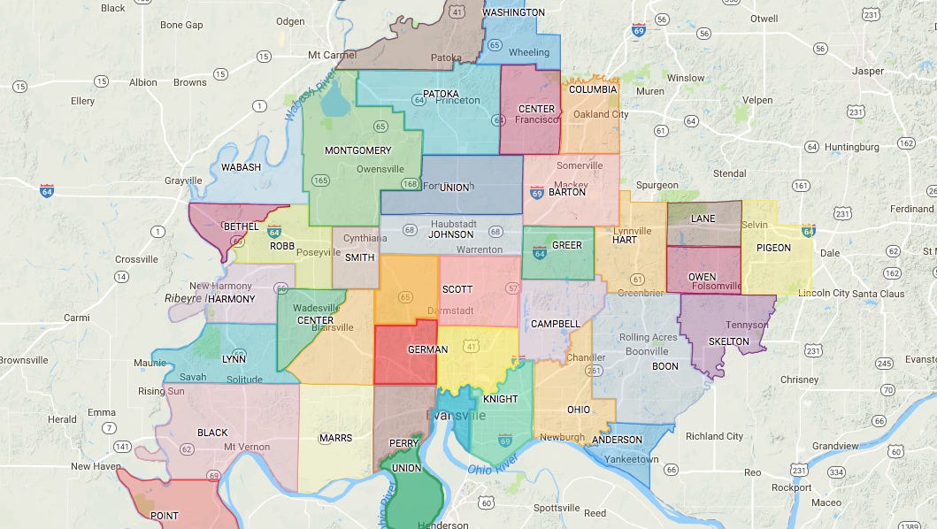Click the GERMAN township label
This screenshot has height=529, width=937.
click(427, 349)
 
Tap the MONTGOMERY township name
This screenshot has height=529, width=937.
click(357, 150)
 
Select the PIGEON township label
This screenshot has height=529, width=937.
click(773, 248)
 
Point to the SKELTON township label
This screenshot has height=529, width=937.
click(728, 341)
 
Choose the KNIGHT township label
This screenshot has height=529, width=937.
click(500, 399)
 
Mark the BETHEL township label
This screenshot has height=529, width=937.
click(241, 226)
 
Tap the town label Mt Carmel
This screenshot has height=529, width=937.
click(332, 55)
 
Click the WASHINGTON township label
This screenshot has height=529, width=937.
click(513, 12)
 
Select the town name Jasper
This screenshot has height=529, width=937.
click(867, 71)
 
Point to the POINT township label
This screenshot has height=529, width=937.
click(165, 516)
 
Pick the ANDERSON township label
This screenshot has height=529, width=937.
click(617, 440)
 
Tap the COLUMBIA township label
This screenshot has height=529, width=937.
click(593, 89)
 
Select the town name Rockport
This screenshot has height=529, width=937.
click(791, 487)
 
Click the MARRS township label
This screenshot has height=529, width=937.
click(336, 438)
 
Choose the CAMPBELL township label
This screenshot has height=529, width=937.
click(555, 324)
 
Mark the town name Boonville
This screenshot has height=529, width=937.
click(647, 351)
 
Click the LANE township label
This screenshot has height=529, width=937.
click(703, 218)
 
